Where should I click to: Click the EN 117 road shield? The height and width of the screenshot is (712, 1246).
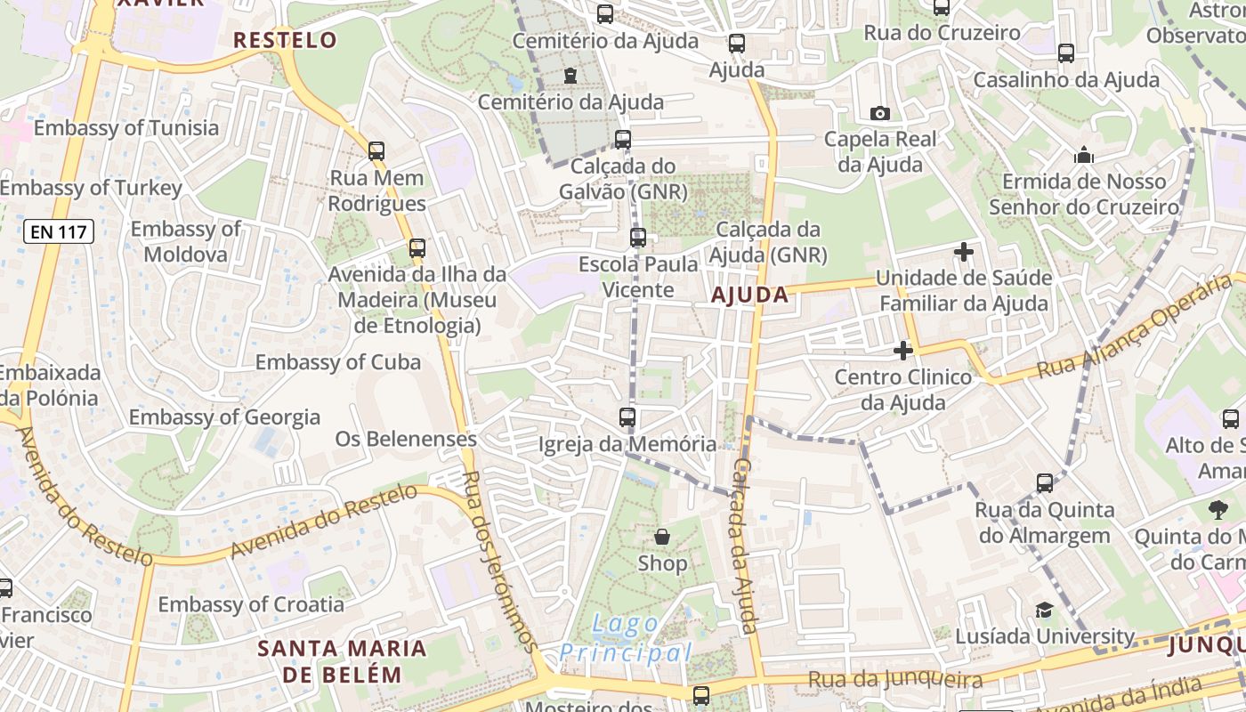pyautogui.click(x=58, y=232)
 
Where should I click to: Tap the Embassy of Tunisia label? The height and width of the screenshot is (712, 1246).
pyautogui.click(x=125, y=128)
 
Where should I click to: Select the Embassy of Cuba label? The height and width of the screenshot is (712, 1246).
pyautogui.click(x=338, y=362)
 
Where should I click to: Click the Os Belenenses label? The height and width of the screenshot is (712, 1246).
pyautogui.click(x=406, y=439)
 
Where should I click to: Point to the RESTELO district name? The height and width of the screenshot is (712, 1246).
pyautogui.click(x=285, y=40)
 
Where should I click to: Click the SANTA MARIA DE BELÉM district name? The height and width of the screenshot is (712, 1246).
pyautogui.click(x=343, y=660)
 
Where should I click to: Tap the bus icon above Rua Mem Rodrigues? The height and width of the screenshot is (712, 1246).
pyautogui.click(x=376, y=151)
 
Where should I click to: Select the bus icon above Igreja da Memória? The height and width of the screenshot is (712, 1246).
pyautogui.click(x=627, y=417)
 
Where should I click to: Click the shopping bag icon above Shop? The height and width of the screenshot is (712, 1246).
pyautogui.click(x=662, y=536)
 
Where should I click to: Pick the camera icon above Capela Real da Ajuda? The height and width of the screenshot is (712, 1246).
pyautogui.click(x=880, y=113)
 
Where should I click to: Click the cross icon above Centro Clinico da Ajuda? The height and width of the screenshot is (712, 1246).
pyautogui.click(x=903, y=351)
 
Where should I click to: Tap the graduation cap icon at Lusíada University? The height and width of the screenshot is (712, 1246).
pyautogui.click(x=1044, y=610)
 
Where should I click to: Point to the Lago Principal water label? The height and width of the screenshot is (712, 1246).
pyautogui.click(x=626, y=639)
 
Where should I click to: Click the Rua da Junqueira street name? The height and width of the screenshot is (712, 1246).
pyautogui.click(x=895, y=681)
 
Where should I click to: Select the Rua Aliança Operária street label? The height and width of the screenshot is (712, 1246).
pyautogui.click(x=1139, y=327)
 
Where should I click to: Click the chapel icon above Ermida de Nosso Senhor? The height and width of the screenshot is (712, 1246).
pyautogui.click(x=1083, y=155)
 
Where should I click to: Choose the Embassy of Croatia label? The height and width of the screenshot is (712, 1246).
pyautogui.click(x=251, y=604)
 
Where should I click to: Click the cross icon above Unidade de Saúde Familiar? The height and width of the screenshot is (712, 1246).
pyautogui.click(x=964, y=252)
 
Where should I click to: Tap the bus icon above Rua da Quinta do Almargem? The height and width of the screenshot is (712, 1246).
pyautogui.click(x=1045, y=483)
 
